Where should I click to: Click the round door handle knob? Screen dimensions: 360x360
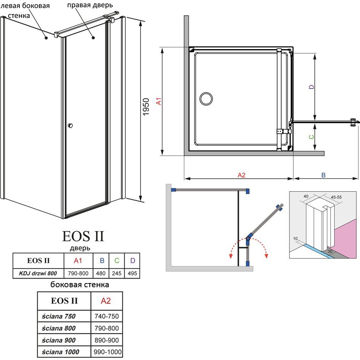coord(70,125)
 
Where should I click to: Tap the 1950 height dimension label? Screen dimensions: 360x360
coord(146,107)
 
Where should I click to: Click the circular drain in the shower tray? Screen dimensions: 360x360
coord(206,99)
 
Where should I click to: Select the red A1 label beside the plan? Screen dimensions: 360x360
coord(158,101)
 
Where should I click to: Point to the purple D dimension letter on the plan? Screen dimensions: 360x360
coord(311,87)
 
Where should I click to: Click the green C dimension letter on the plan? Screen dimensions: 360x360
coord(311,137)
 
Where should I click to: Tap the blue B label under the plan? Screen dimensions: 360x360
coord(323,175)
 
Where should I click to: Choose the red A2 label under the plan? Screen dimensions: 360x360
coord(241,175)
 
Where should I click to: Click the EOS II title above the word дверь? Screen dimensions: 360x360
coord(83,236)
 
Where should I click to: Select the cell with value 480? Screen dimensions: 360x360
coord(101,274)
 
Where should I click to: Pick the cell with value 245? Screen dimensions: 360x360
coord(117,274)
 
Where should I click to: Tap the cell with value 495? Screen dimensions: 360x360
coord(132,274)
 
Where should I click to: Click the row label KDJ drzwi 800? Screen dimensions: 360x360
coord(38,274)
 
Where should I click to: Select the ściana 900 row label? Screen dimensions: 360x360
coord(59,340)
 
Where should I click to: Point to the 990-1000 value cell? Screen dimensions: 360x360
coord(107,352)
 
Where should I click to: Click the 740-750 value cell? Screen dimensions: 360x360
coord(107,316)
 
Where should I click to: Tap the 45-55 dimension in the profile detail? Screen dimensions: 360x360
coord(336,197)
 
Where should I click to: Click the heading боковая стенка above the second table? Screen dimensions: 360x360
coord(80,285)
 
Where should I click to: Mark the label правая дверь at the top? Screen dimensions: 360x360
coord(90,5)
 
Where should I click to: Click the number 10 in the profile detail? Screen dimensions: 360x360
coord(295,238)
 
